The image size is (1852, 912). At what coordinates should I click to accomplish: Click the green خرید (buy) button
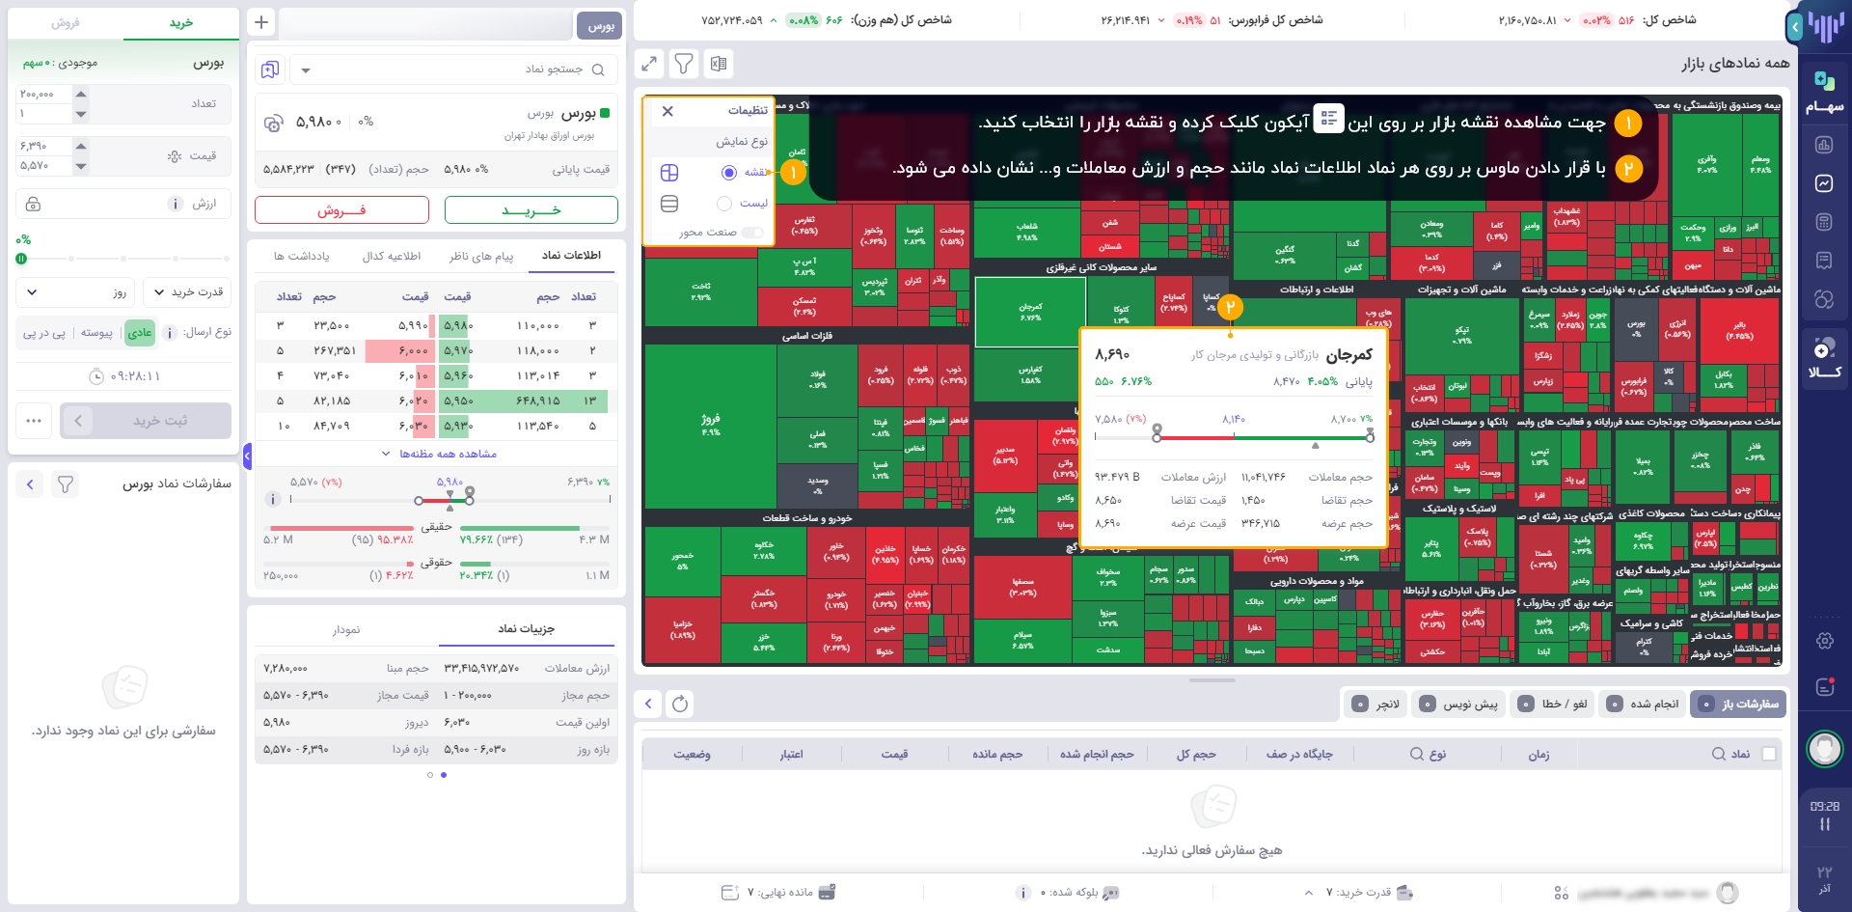(x=531, y=210)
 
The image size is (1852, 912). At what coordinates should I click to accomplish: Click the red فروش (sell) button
(x=341, y=210)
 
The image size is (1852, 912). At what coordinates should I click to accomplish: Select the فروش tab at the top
(x=66, y=22)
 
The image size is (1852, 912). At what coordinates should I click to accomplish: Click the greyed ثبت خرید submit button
(x=159, y=421)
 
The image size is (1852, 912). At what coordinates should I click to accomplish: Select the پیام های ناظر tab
(x=480, y=256)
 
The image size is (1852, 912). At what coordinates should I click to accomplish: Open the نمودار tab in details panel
(x=346, y=629)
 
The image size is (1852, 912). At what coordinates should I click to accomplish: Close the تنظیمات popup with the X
(x=667, y=111)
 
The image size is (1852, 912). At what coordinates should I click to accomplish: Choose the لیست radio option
(x=724, y=204)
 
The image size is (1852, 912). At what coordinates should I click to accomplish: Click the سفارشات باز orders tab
(x=1740, y=705)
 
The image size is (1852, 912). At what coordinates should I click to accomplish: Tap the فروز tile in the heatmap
(x=711, y=425)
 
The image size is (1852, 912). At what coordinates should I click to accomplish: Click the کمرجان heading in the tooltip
(x=1348, y=355)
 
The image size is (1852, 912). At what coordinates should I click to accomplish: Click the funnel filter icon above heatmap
(x=684, y=64)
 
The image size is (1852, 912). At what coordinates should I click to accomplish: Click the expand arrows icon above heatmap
(x=649, y=64)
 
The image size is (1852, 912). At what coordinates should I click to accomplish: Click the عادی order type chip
(x=140, y=333)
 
